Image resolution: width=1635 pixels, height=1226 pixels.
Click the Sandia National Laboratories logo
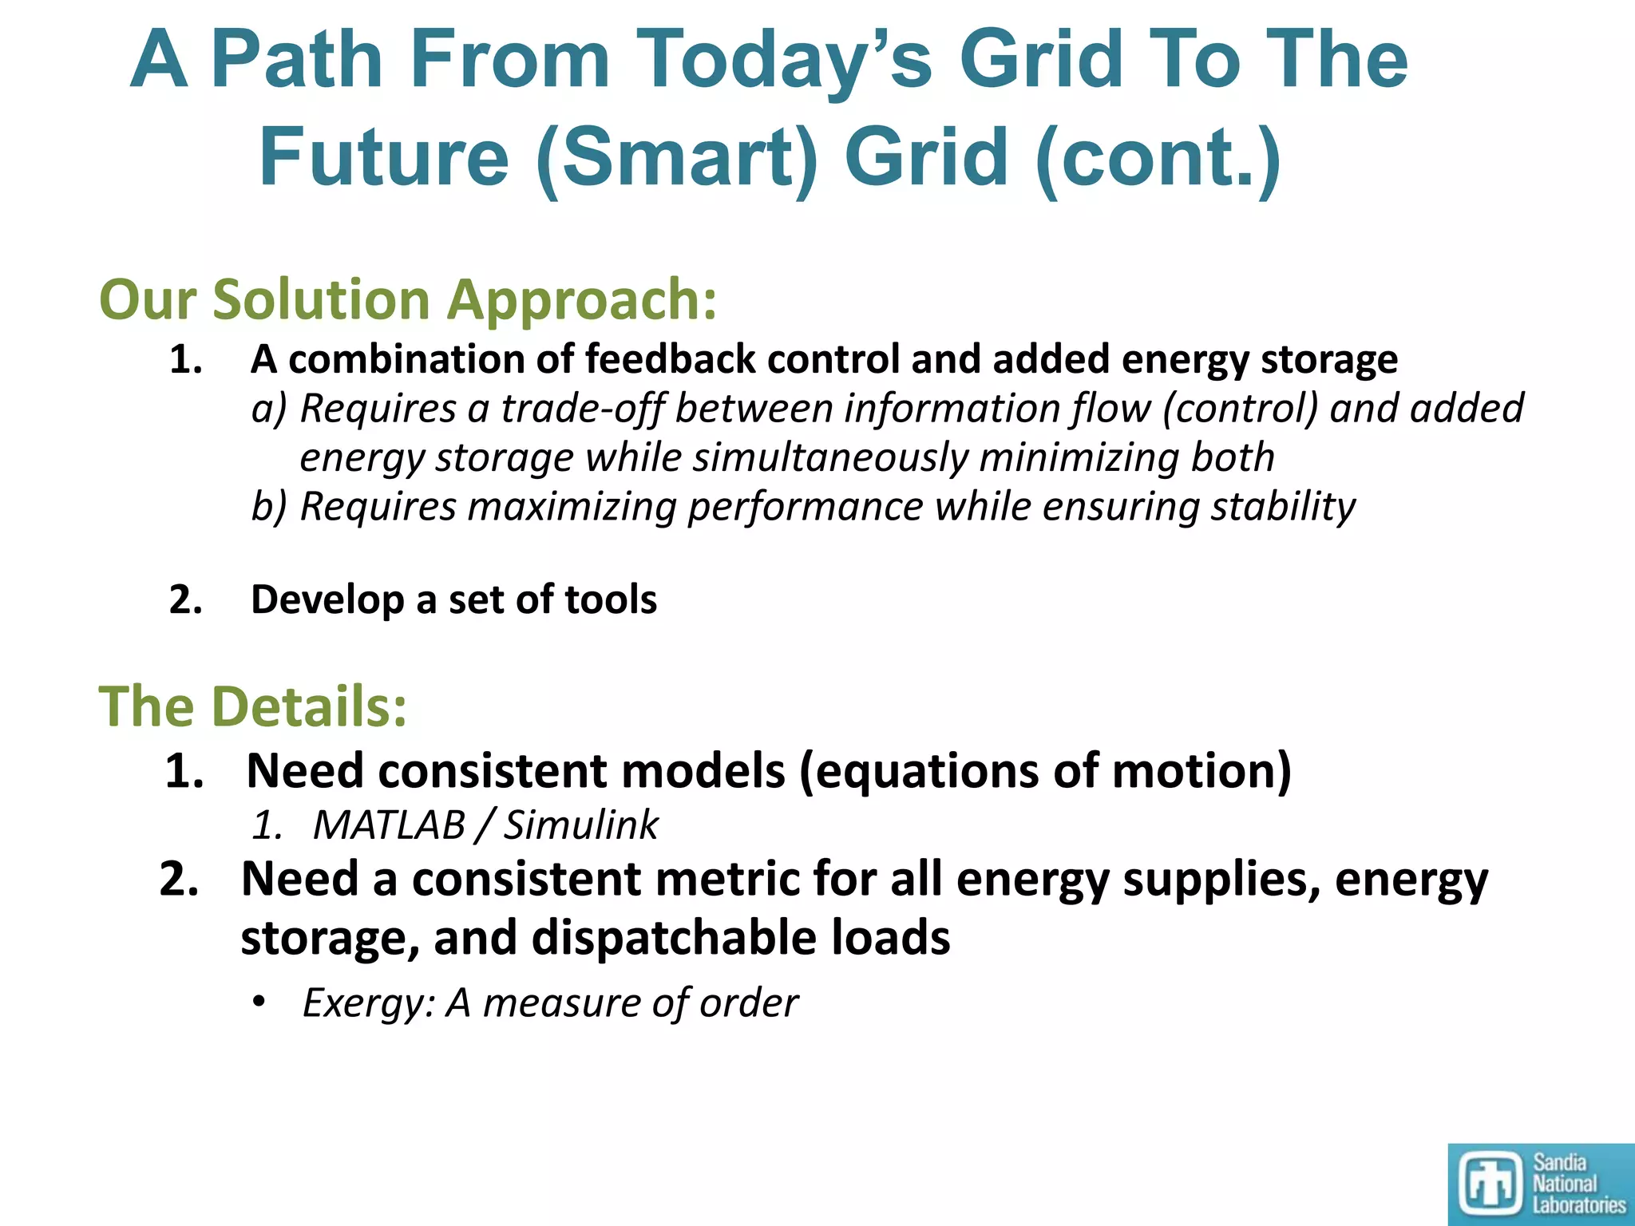point(1541,1184)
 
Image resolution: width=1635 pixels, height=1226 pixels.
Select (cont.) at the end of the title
point(1158,157)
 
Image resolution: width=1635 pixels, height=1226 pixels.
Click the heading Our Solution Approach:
point(408,300)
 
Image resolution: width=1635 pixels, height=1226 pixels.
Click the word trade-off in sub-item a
point(582,409)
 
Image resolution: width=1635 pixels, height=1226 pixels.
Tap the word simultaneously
point(829,458)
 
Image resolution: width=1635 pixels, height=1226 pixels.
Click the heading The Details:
point(252,707)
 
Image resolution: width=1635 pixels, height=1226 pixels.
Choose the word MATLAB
point(389,825)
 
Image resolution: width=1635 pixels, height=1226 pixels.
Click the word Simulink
point(580,825)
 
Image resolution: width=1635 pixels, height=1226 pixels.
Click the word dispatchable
point(675,938)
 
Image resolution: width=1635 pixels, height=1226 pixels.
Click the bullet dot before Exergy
point(258,1002)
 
